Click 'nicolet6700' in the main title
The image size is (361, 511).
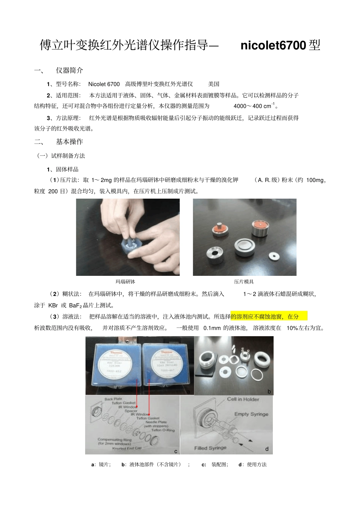273,46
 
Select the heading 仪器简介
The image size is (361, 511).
69,71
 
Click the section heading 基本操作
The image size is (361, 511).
69,142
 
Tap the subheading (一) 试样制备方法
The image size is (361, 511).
61,156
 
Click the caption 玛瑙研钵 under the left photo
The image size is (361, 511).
125,282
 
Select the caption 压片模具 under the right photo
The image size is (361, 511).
244,282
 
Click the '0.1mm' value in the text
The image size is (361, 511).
212,328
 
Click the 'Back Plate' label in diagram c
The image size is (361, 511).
113,399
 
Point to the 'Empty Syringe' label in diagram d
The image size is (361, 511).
251,414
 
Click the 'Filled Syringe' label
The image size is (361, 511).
210,448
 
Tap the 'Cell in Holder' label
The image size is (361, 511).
243,399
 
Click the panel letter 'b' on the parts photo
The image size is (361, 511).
269,391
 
